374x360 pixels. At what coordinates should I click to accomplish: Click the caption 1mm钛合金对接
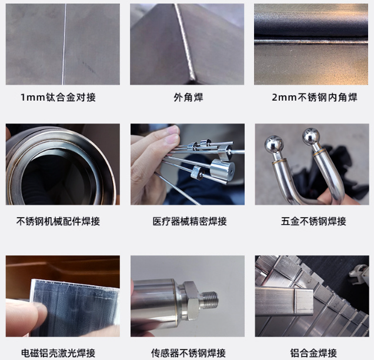[x=58, y=97]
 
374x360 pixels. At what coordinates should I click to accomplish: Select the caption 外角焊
[x=188, y=97]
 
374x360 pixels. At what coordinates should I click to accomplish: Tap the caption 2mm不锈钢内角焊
[x=315, y=97]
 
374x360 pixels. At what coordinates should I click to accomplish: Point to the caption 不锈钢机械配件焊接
[x=58, y=221]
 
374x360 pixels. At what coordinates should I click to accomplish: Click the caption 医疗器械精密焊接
[x=189, y=221]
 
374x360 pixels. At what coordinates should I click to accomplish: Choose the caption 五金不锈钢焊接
[x=313, y=221]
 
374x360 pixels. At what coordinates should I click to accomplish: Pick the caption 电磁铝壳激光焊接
[x=58, y=353]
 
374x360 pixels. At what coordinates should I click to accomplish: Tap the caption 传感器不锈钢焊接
[x=188, y=353]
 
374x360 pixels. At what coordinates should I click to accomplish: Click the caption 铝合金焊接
[x=313, y=353]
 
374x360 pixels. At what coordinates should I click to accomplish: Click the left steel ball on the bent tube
[x=274, y=144]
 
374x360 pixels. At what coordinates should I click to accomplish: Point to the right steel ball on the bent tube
[x=311, y=136]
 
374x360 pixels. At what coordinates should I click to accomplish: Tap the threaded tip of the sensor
[x=208, y=300]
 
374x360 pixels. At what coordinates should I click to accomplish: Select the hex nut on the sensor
[x=191, y=300]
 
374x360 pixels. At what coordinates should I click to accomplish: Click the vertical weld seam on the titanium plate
[x=64, y=44]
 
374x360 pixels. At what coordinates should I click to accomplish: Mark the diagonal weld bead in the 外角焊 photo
[x=185, y=42]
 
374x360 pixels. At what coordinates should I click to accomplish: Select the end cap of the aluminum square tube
[x=303, y=302]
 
